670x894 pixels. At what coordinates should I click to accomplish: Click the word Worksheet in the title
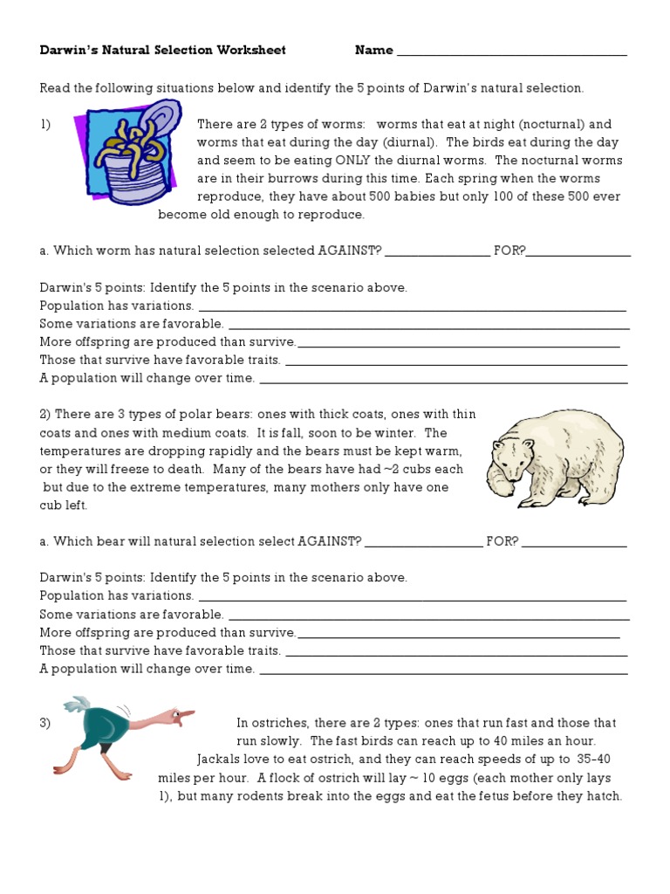tap(254, 51)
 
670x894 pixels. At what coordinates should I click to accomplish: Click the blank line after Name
tap(512, 52)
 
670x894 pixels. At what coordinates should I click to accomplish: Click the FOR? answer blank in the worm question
tap(578, 251)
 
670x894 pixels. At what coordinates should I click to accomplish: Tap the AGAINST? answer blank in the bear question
tap(423, 542)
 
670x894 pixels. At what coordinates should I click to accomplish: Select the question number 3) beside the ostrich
tap(45, 723)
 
